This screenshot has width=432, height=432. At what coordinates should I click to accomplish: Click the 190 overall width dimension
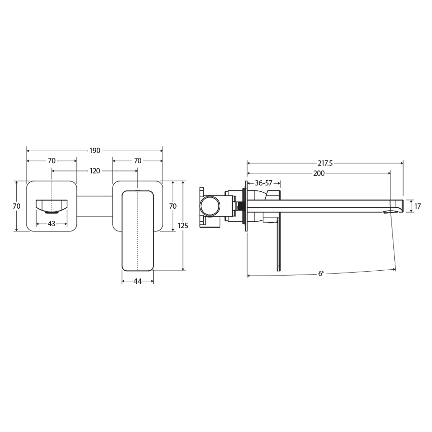95,151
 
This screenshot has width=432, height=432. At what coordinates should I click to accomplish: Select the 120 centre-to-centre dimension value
95,171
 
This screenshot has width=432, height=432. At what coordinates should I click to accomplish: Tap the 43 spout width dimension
52,223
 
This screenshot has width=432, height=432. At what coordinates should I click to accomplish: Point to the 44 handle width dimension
137,281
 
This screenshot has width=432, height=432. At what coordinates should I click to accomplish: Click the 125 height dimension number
183,226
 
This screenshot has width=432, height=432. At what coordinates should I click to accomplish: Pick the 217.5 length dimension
325,163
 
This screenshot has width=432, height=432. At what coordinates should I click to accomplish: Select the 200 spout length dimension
319,173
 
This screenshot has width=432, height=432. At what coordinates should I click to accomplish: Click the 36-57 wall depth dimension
264,183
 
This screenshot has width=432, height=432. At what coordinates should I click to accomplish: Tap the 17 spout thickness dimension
417,206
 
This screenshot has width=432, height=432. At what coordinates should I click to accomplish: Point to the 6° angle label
322,273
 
